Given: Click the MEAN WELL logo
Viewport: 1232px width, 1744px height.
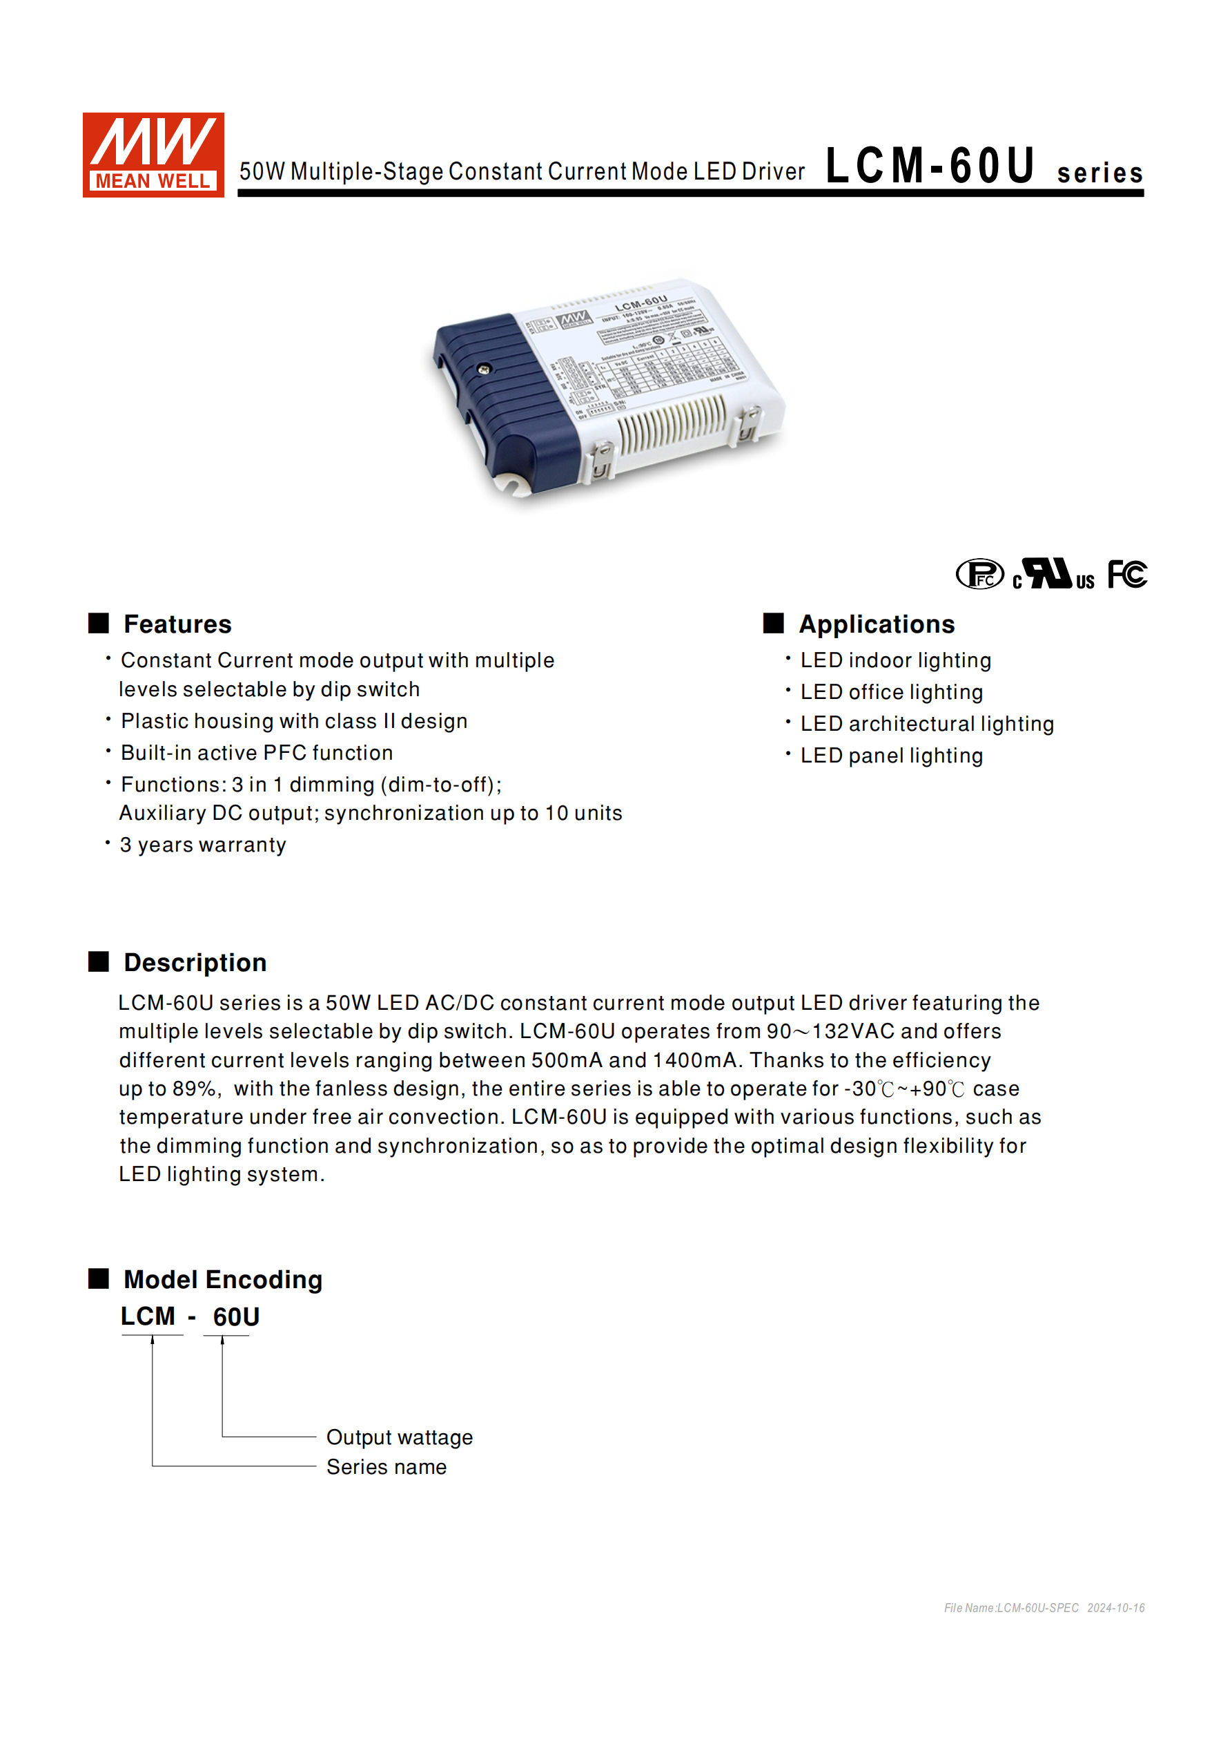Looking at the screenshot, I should tap(153, 155).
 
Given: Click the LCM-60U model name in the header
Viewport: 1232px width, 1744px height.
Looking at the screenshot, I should tap(930, 166).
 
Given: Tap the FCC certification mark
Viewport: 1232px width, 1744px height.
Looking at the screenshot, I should tap(1126, 574).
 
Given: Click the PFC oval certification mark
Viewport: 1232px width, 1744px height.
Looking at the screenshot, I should tap(979, 574).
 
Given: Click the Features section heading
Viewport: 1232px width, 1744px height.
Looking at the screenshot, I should tap(177, 624).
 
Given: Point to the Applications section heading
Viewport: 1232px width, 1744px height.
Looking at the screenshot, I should tap(876, 624).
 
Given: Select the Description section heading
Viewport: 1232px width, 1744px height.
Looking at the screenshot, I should tap(195, 962).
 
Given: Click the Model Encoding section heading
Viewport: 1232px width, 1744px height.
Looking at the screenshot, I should tap(222, 1279).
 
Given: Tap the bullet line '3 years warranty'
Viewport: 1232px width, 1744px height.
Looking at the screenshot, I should tap(203, 845).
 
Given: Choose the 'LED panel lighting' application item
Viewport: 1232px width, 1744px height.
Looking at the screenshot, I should tap(891, 756).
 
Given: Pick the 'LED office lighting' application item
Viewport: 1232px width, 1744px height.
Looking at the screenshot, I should tap(891, 692).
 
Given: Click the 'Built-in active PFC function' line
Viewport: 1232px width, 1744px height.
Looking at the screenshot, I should tap(257, 753).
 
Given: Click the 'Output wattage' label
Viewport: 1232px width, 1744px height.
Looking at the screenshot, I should tap(400, 1437).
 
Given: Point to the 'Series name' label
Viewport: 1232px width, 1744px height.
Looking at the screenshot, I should tap(387, 1467).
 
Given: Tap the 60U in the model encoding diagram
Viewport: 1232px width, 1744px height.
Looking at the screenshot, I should tap(236, 1316).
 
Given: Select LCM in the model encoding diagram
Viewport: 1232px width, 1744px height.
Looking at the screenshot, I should tap(148, 1316).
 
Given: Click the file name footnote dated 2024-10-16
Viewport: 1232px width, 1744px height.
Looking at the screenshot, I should tap(1044, 1608).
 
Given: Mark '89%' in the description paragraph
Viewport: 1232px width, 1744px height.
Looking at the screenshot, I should tap(195, 1089).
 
